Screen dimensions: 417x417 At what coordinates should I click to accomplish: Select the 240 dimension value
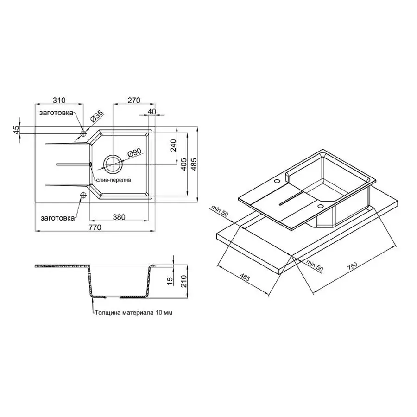pyautogui.click(x=173, y=145)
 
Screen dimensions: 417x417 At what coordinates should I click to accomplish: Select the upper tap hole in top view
pyautogui.click(x=83, y=133)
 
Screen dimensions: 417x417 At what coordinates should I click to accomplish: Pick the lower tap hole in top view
pyautogui.click(x=83, y=195)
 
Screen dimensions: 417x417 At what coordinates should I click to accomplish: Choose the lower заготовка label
pyautogui.click(x=56, y=216)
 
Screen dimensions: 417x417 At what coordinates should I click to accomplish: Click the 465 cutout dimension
pyautogui.click(x=245, y=278)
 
